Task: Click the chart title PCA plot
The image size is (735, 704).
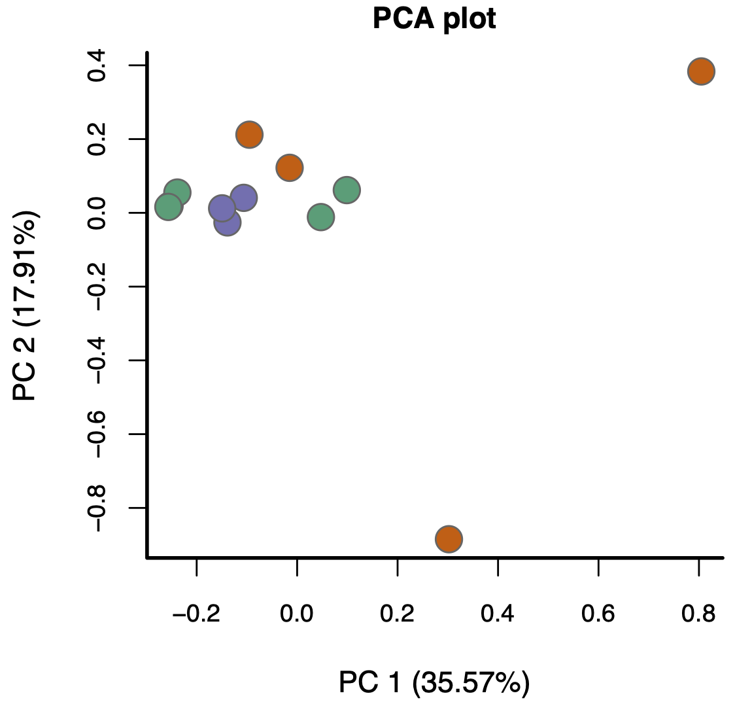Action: (434, 19)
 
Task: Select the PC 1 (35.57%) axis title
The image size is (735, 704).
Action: (434, 682)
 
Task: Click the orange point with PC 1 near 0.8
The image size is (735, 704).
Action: (701, 71)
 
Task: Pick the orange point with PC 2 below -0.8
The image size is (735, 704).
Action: (449, 539)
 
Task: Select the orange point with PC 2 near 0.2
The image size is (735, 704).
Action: (249, 135)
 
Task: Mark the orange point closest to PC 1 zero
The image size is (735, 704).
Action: (289, 167)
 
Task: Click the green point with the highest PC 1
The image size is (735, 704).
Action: (347, 190)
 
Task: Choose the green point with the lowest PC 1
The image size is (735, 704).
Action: (168, 207)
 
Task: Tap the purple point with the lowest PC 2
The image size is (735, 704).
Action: (227, 222)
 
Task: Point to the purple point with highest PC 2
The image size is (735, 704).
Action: (243, 198)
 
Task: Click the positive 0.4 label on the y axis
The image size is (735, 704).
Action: (98, 65)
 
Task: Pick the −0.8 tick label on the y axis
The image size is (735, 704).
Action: (98, 508)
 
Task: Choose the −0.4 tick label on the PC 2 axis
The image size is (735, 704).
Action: (98, 361)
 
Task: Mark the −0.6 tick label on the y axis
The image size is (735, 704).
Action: (98, 434)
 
